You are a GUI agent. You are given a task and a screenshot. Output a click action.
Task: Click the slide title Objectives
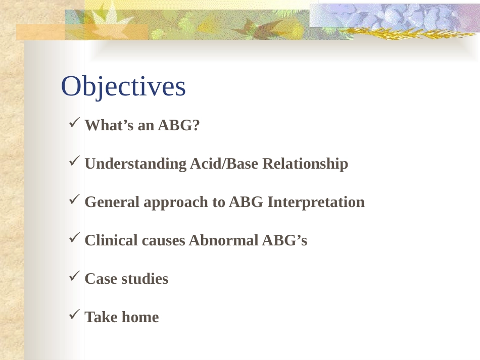point(123,86)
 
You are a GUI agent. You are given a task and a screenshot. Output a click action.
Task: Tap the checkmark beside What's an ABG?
point(74,122)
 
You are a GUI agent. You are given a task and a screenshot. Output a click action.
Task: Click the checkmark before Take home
point(74,314)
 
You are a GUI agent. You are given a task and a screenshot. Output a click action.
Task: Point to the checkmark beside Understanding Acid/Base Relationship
point(74,161)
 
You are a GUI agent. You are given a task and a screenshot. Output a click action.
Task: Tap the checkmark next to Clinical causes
point(74,237)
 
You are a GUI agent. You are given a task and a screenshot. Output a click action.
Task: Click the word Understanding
point(135,164)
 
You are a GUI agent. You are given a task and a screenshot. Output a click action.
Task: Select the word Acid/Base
point(224,163)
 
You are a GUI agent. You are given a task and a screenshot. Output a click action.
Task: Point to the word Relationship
point(305,164)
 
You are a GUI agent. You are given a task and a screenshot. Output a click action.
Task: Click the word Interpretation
point(316,202)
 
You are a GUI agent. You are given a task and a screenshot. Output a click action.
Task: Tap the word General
point(112,202)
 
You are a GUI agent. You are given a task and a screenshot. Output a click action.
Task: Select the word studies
point(145,279)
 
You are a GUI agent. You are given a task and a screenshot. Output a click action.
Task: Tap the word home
point(140,317)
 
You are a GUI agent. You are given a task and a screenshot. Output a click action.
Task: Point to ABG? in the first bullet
point(179,125)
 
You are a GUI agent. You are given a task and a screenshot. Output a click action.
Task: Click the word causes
point(164,241)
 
